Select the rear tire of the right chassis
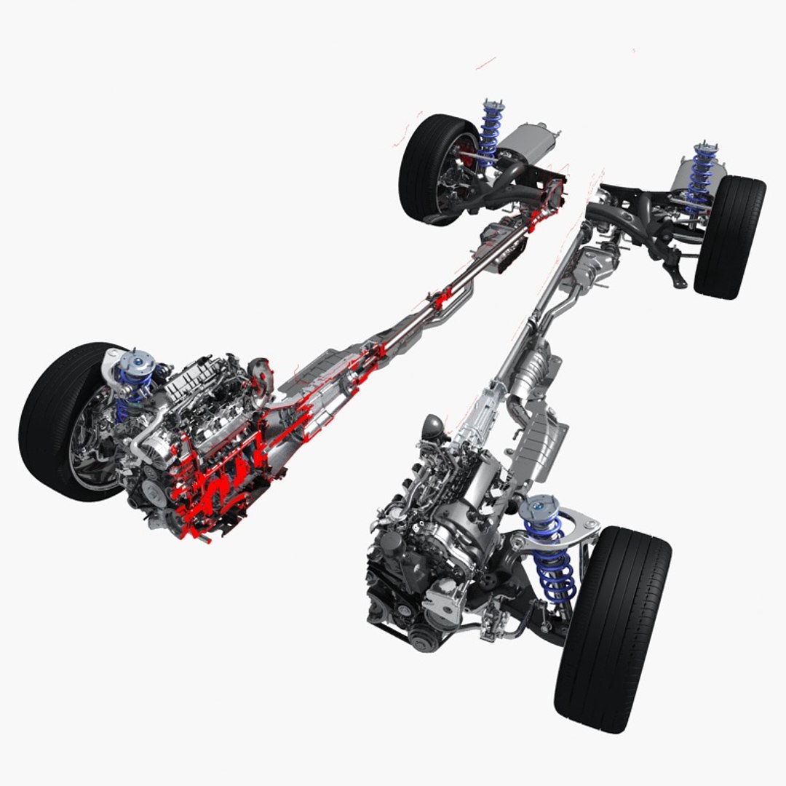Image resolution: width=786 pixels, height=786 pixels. [729, 237]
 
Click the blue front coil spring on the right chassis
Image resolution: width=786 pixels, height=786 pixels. [553, 560]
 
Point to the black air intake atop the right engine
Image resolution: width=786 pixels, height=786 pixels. [431, 425]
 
